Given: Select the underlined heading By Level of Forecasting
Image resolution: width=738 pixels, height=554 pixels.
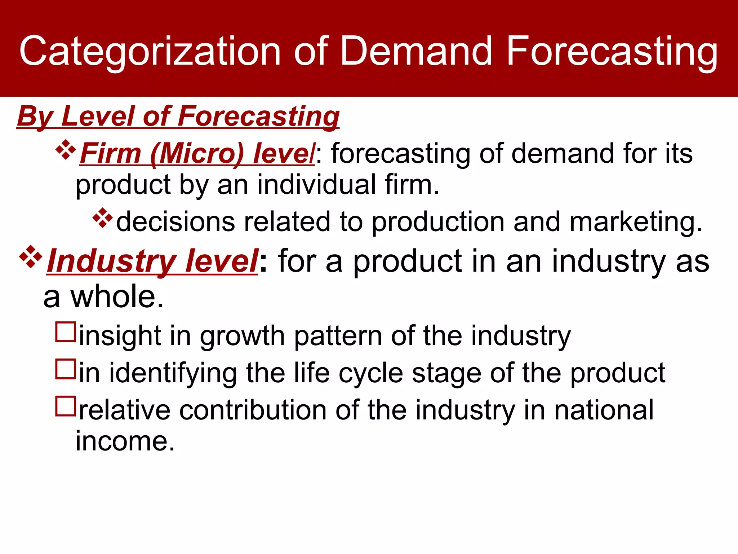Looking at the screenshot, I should (x=178, y=116).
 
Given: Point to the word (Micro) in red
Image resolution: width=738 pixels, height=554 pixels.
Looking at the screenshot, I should (x=197, y=154).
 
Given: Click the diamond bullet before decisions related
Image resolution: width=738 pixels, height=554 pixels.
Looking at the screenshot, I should (x=103, y=218).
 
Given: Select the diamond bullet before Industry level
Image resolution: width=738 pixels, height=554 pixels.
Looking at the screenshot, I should (x=31, y=256).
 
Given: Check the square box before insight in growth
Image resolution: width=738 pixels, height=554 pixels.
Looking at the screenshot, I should (x=66, y=332).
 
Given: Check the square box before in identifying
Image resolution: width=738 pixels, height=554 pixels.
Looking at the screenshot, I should (x=66, y=369).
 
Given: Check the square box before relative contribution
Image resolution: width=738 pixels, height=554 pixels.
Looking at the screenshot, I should (x=66, y=406).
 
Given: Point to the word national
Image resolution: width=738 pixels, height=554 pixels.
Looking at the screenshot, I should (x=604, y=410).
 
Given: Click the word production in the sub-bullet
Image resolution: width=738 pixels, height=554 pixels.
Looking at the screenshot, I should (x=438, y=221).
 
